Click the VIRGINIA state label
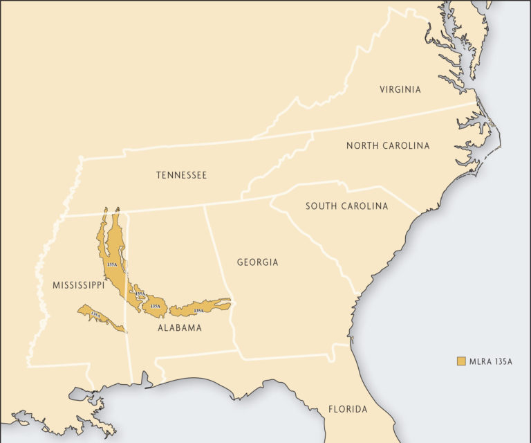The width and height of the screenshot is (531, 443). click(x=400, y=89)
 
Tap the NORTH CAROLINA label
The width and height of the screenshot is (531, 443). click(x=388, y=145)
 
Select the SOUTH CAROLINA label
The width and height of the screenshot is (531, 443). click(x=346, y=206)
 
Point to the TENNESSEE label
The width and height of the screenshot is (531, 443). click(x=181, y=175)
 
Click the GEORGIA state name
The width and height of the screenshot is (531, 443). click(x=257, y=262)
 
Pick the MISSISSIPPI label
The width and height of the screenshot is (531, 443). click(x=78, y=285)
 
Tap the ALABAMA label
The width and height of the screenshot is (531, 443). click(x=179, y=327)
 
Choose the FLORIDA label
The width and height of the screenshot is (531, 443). click(x=348, y=409)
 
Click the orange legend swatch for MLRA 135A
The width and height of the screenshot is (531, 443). click(x=460, y=361)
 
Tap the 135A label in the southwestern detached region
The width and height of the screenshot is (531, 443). click(x=95, y=315)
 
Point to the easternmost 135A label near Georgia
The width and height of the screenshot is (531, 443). click(x=198, y=311)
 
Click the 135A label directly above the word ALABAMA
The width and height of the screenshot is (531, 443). click(x=156, y=305)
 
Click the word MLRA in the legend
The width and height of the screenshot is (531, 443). click(x=478, y=361)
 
